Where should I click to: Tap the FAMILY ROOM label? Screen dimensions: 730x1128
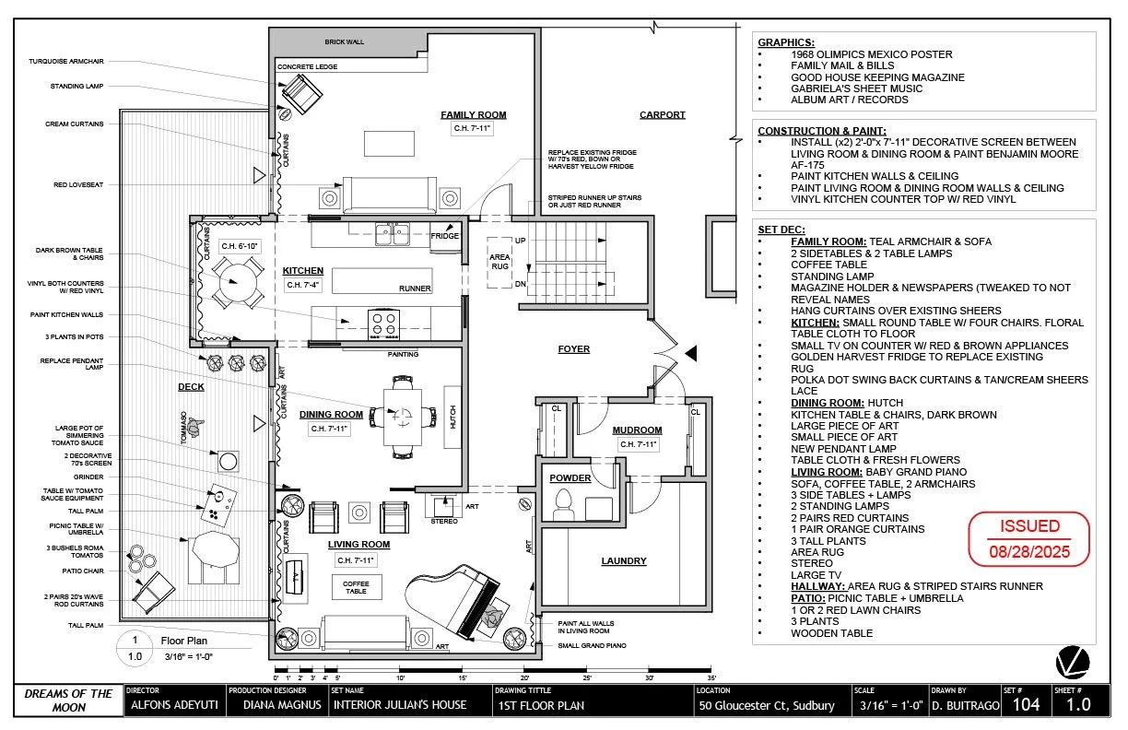click(473, 115)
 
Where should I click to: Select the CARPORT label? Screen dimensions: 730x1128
click(663, 115)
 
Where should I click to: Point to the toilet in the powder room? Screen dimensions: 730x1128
click(563, 504)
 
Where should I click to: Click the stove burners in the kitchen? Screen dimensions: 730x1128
click(383, 323)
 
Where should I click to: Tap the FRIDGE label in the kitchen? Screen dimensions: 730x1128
click(444, 236)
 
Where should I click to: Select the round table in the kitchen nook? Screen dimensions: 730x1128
click(237, 280)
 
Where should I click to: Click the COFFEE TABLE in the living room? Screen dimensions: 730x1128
click(356, 587)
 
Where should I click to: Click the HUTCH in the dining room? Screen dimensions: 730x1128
click(452, 418)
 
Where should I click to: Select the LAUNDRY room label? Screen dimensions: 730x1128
click(624, 560)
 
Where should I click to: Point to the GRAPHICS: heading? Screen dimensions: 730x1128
click(785, 42)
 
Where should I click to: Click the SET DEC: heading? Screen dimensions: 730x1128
click(781, 230)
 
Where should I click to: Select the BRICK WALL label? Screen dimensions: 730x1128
click(345, 42)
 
